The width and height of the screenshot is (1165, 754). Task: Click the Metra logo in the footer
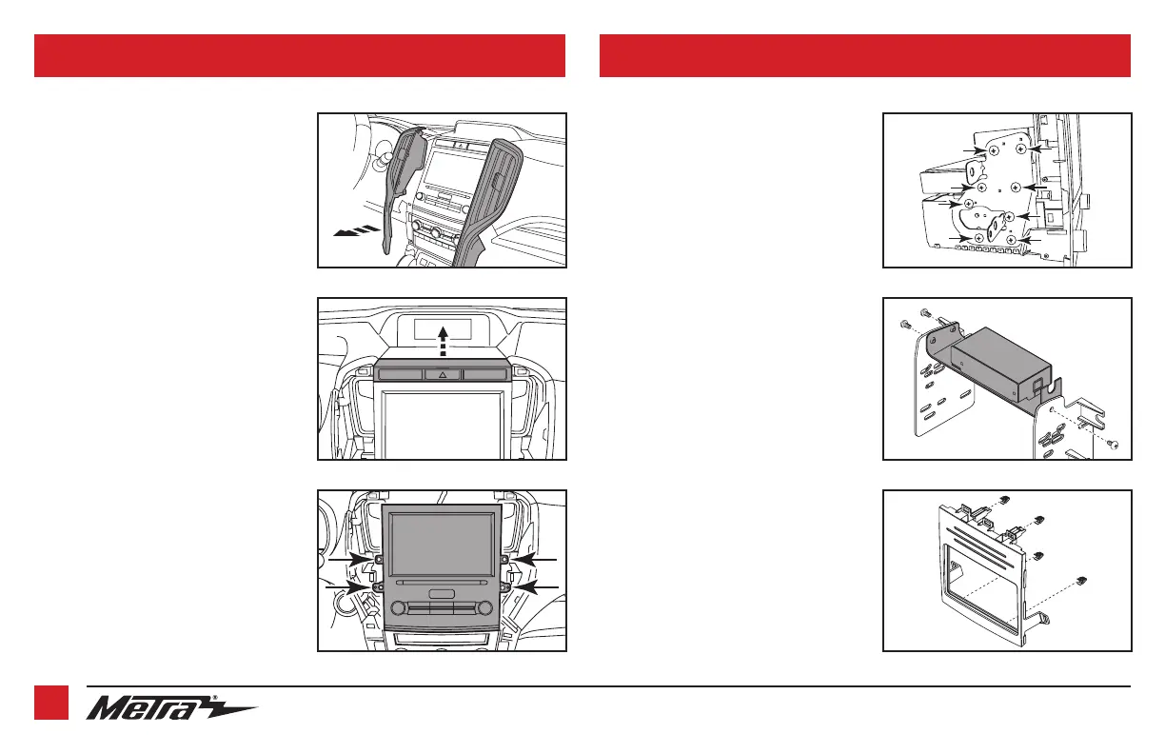pyautogui.click(x=171, y=708)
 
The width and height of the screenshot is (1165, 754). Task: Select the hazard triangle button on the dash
pyautogui.click(x=442, y=375)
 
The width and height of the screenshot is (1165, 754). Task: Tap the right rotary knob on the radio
pyautogui.click(x=486, y=607)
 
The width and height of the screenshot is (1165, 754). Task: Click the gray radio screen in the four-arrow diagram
pyautogui.click(x=442, y=540)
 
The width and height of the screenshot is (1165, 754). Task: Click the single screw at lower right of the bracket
pyautogui.click(x=1116, y=445)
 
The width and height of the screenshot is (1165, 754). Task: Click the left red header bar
pyautogui.click(x=300, y=55)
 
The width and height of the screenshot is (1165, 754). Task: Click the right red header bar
pyautogui.click(x=864, y=55)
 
